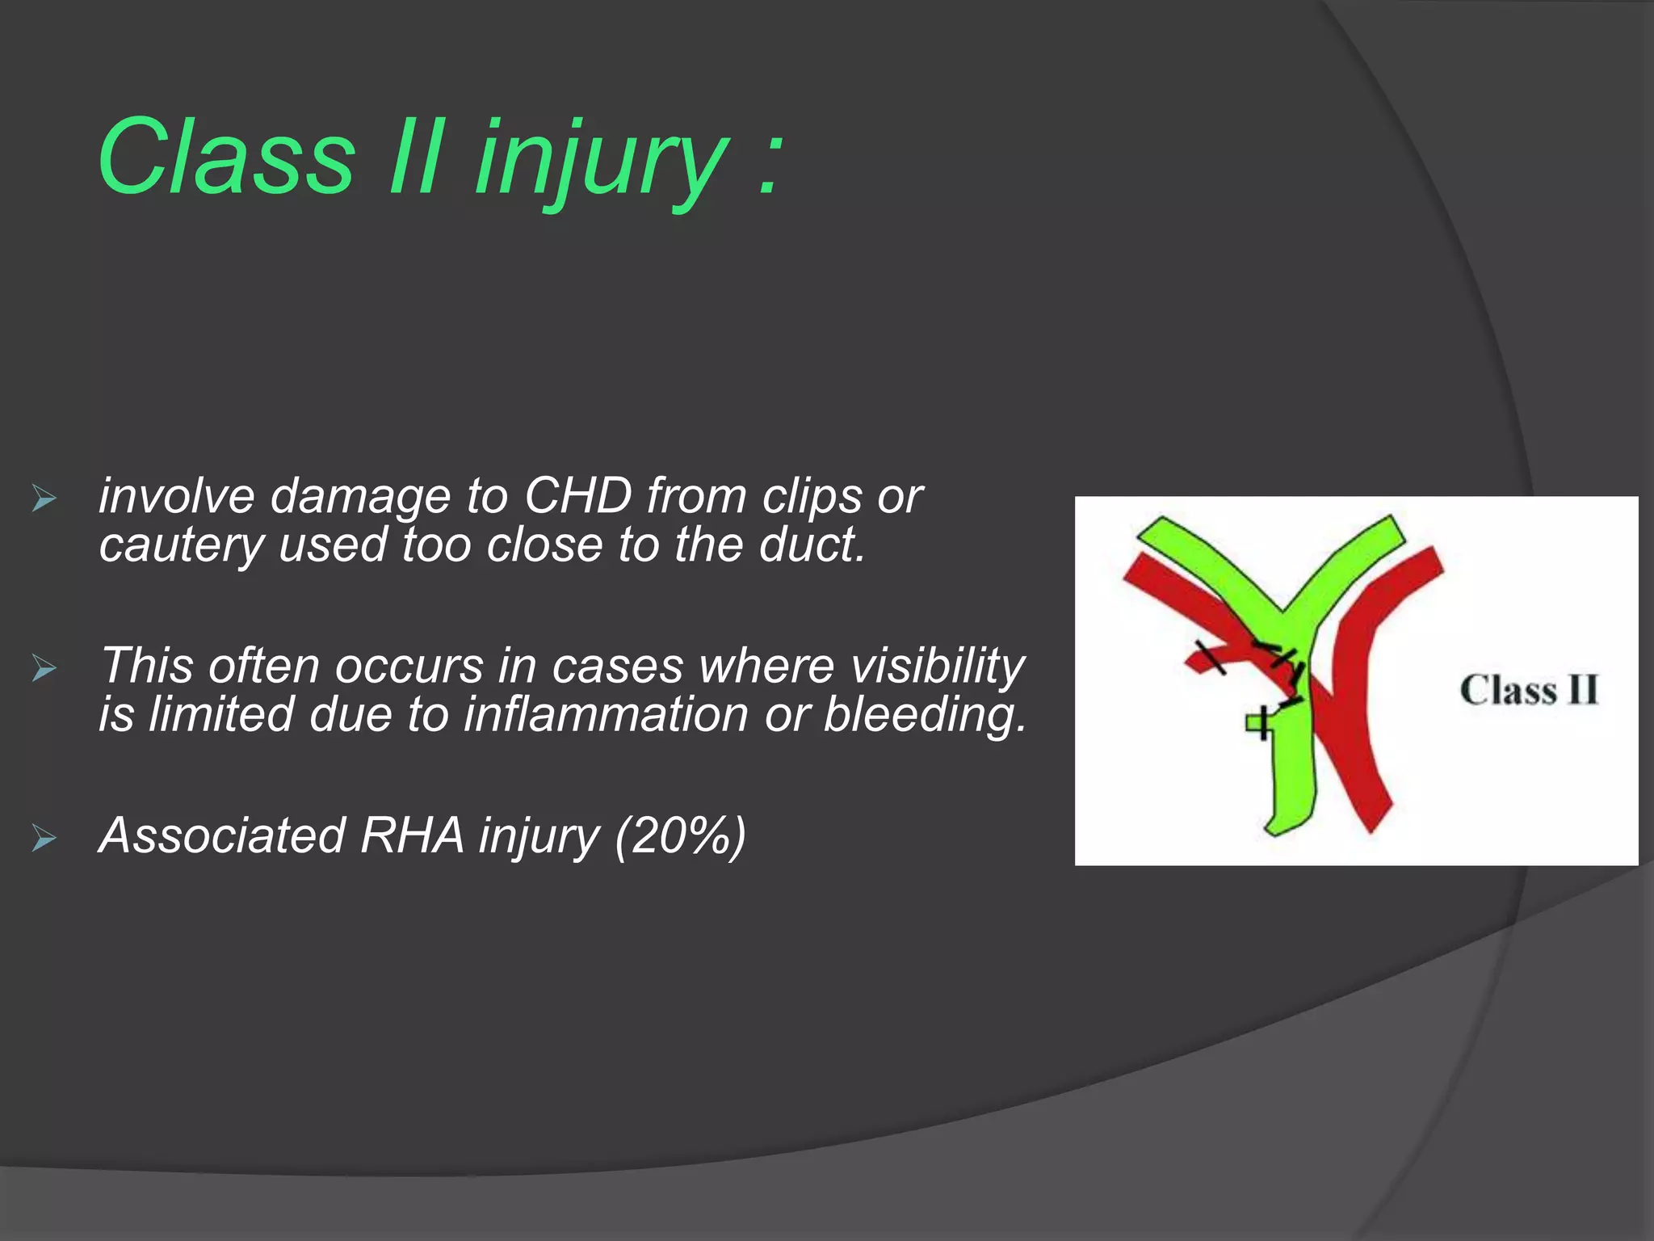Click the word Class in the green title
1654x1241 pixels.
pyautogui.click(x=226, y=157)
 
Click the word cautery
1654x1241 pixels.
pyautogui.click(x=181, y=546)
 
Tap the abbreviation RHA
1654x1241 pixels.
pyautogui.click(x=412, y=835)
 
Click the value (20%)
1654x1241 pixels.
pyautogui.click(x=679, y=835)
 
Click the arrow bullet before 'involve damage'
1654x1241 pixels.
pyautogui.click(x=44, y=499)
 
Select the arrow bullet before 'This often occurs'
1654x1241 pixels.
pyautogui.click(x=44, y=669)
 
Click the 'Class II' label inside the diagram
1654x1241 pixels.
pyautogui.click(x=1529, y=691)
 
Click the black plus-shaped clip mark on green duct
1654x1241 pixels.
pyautogui.click(x=1261, y=721)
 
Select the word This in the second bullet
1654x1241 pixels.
pyautogui.click(x=147, y=666)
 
